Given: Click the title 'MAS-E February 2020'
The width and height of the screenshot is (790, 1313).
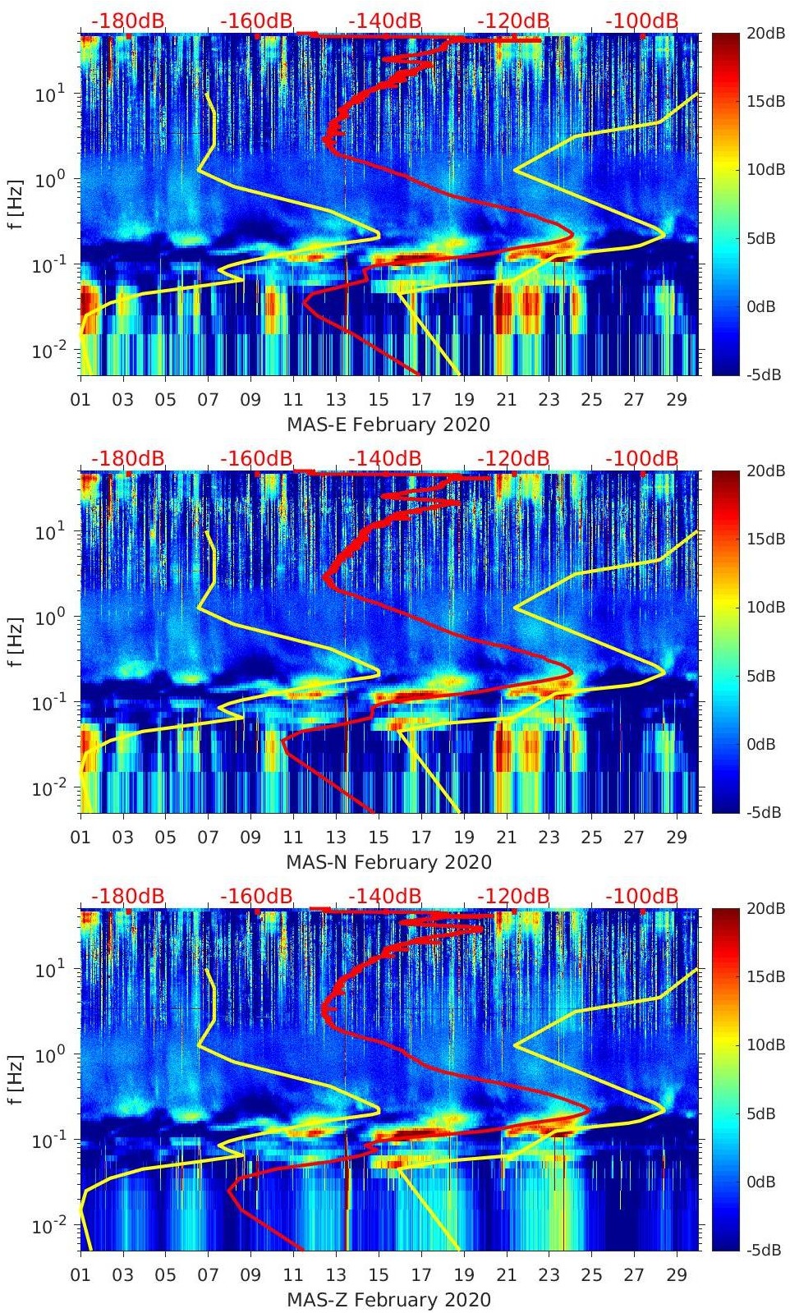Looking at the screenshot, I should click(x=388, y=425).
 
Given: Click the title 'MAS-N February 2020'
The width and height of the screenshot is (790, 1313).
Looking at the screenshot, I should click(x=388, y=862).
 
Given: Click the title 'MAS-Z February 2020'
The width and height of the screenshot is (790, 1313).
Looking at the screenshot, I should click(x=388, y=1300).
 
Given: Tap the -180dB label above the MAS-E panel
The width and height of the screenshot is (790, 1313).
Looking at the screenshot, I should click(x=128, y=21).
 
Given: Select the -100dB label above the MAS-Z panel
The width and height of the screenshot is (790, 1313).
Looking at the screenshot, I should click(x=642, y=896).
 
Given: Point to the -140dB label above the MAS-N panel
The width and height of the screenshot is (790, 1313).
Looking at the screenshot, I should click(x=385, y=458).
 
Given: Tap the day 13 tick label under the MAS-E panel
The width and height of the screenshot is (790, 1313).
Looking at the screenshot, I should click(x=336, y=400).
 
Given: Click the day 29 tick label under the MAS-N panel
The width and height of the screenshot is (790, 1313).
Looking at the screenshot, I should click(x=677, y=838).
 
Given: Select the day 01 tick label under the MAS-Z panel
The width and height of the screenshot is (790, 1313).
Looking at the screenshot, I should click(x=80, y=1275).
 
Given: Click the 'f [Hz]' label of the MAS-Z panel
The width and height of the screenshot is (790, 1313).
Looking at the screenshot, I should click(x=16, y=1079).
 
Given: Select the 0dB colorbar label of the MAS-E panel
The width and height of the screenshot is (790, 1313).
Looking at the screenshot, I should click(x=764, y=306).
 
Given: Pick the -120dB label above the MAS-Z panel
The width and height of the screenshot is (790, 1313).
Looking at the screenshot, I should click(x=513, y=896).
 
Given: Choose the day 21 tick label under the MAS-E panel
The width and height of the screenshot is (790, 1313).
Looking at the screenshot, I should click(x=507, y=400).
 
